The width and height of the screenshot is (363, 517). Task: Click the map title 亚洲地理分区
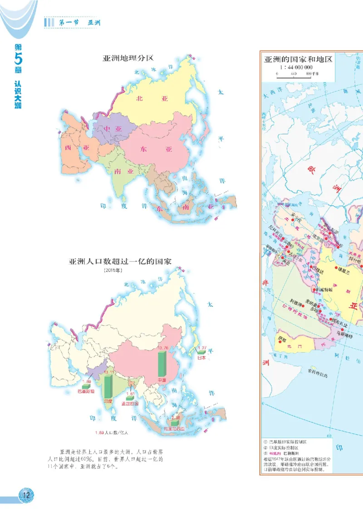129,58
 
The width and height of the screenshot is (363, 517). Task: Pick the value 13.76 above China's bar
162,348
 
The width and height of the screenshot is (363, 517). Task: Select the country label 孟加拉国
130,403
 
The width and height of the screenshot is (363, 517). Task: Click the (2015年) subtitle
111,271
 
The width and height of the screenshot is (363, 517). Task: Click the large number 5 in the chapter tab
17,58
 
